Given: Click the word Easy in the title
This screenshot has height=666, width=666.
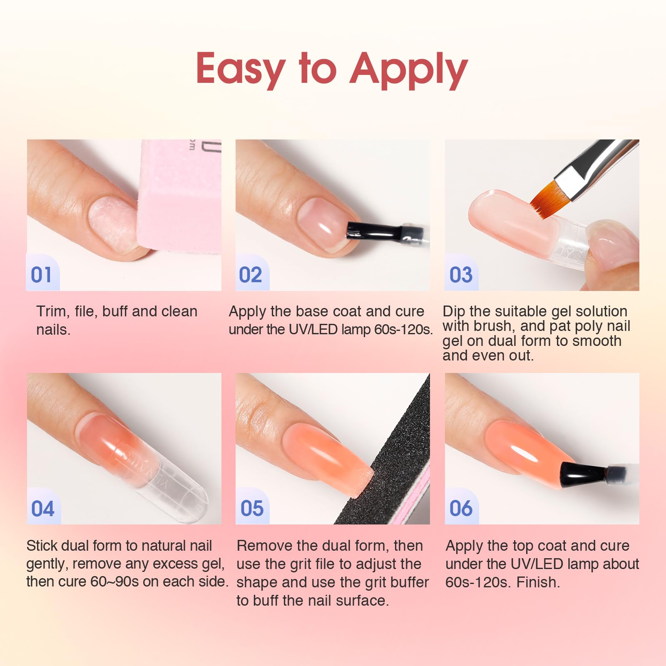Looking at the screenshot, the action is [x=241, y=69].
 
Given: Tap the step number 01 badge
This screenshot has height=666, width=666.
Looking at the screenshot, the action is [x=42, y=273].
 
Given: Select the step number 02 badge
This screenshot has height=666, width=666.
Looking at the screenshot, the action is [x=251, y=273].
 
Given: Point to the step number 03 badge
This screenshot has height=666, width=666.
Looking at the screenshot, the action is [x=461, y=273].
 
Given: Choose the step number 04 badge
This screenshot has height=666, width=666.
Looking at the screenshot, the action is [x=43, y=507].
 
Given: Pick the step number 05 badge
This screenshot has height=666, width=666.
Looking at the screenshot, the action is [x=252, y=507].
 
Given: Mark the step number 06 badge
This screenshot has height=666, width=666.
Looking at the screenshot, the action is [x=461, y=507].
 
